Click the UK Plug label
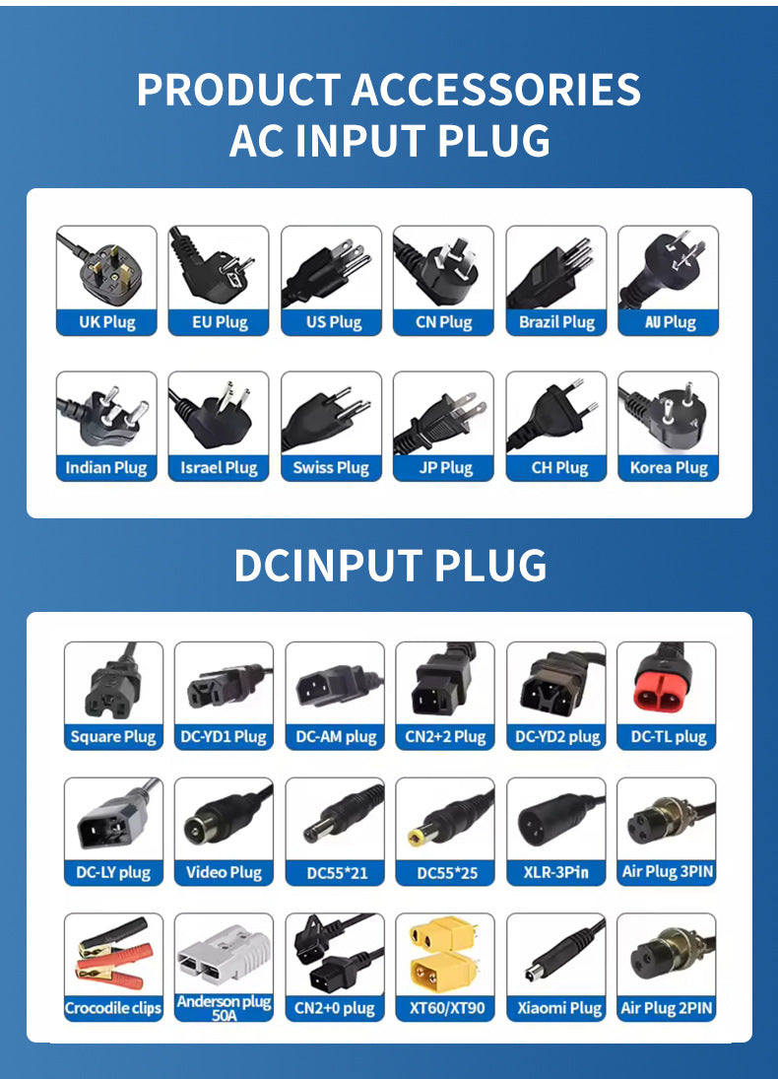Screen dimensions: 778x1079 [107, 322]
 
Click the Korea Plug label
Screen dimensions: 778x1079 [669, 468]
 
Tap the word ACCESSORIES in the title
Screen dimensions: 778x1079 [496, 90]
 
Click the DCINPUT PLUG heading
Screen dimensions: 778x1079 [390, 566]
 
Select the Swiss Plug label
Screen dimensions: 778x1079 [331, 468]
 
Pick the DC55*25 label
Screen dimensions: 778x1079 [447, 873]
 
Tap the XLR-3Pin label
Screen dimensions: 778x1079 [555, 872]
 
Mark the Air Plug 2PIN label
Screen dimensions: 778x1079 [667, 1008]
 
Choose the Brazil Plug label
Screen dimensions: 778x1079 [556, 322]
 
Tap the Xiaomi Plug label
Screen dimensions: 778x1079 [559, 1008]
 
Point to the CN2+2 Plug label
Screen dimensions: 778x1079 [445, 737]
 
